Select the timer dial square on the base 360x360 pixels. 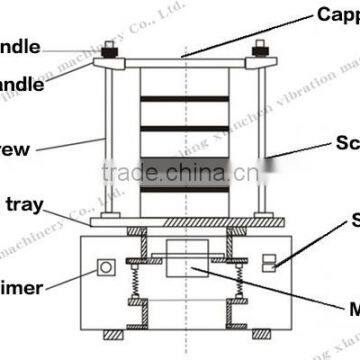coord(102,268)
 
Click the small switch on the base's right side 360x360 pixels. coord(267,262)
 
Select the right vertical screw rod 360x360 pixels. coord(261,140)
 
